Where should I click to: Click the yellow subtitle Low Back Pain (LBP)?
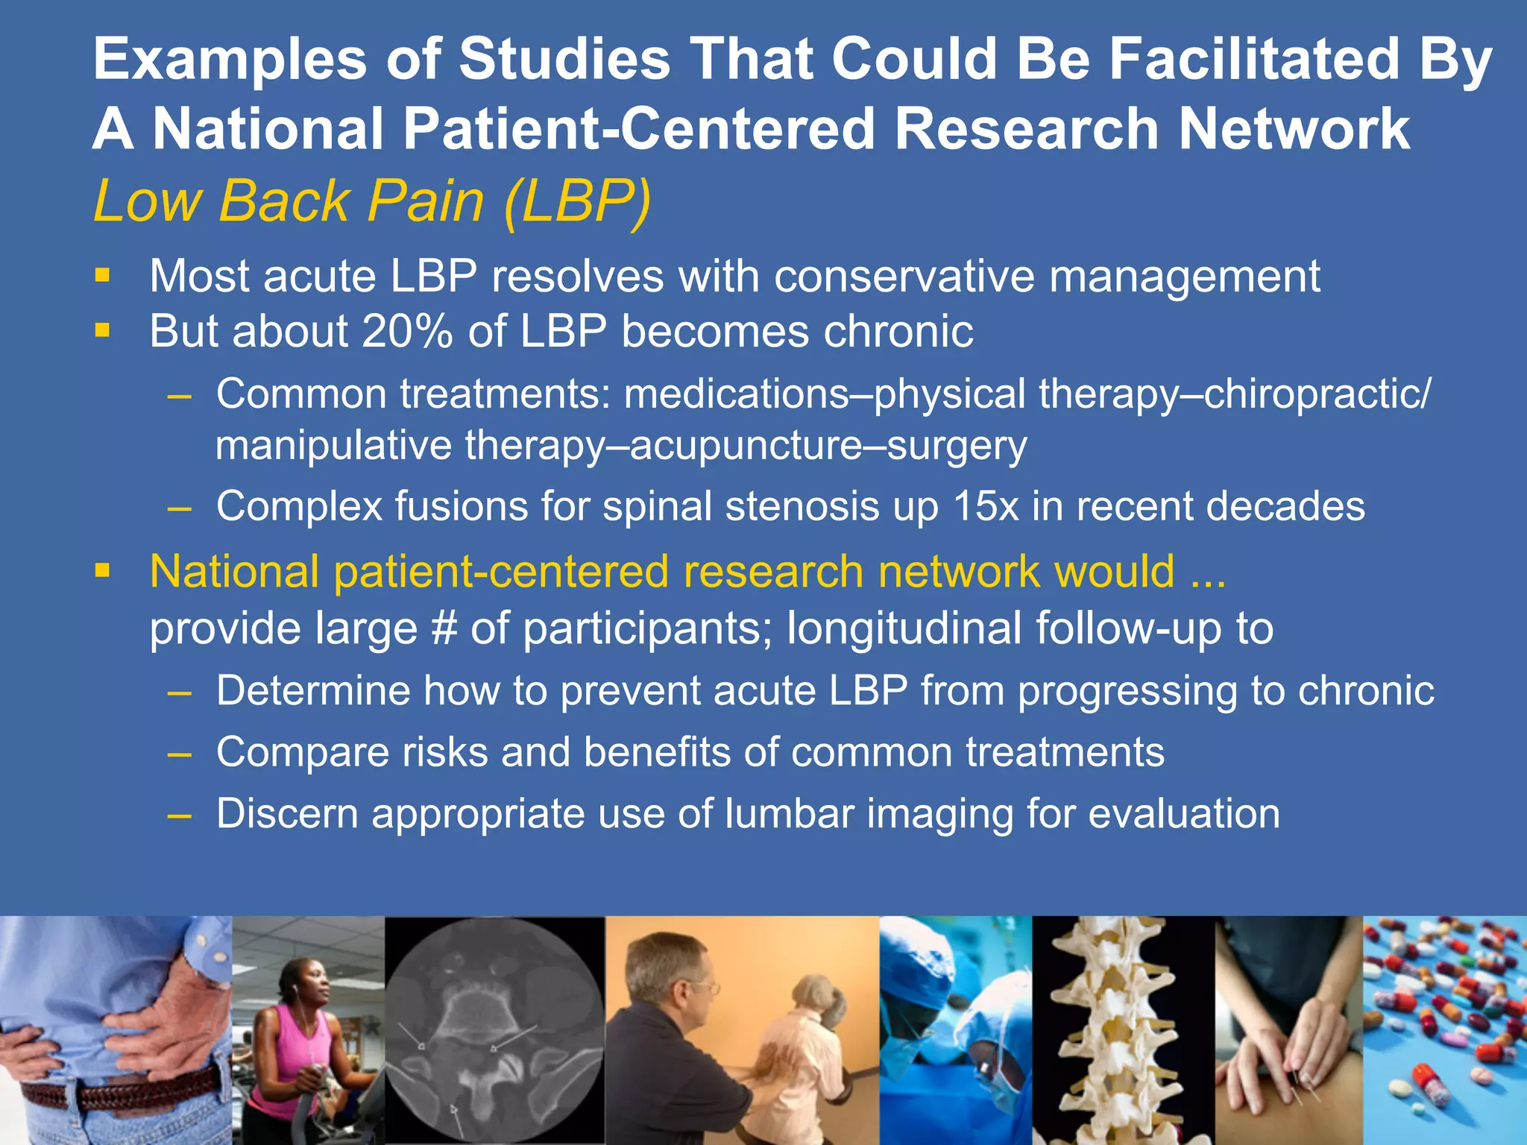pos(371,201)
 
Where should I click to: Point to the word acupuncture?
pos(745,446)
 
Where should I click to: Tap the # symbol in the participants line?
pos(444,628)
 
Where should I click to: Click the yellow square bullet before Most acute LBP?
pos(102,277)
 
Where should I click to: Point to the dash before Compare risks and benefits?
pos(180,753)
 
